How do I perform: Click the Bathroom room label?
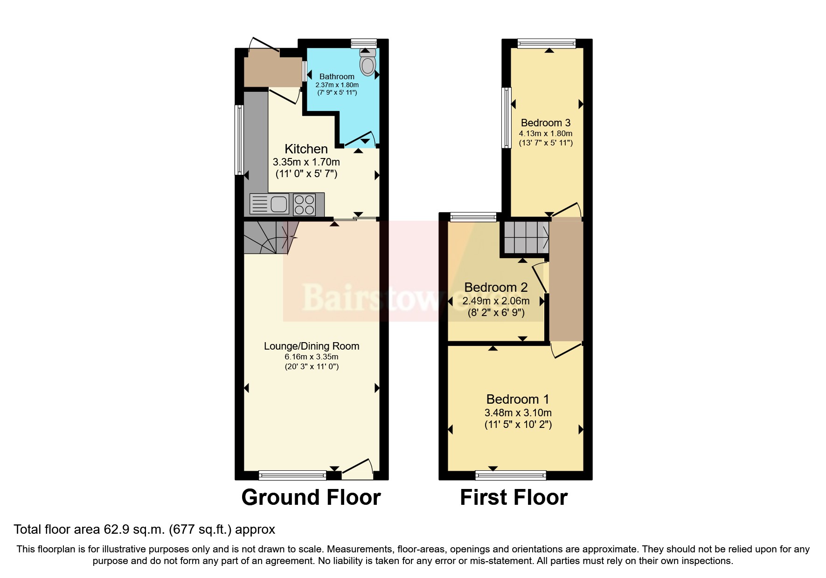click(337, 76)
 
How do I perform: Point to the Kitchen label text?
click(306, 149)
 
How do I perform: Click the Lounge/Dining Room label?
click(312, 346)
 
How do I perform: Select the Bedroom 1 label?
click(517, 399)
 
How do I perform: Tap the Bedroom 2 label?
click(496, 288)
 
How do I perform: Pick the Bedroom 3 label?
click(545, 123)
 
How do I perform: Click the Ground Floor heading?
click(311, 498)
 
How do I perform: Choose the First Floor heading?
click(514, 498)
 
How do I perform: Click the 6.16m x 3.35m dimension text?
click(312, 357)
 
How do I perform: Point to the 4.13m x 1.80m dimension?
click(545, 134)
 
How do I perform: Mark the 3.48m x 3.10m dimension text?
click(518, 413)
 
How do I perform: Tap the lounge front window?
click(292, 475)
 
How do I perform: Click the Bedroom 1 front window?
click(510, 475)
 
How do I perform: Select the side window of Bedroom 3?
click(506, 117)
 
